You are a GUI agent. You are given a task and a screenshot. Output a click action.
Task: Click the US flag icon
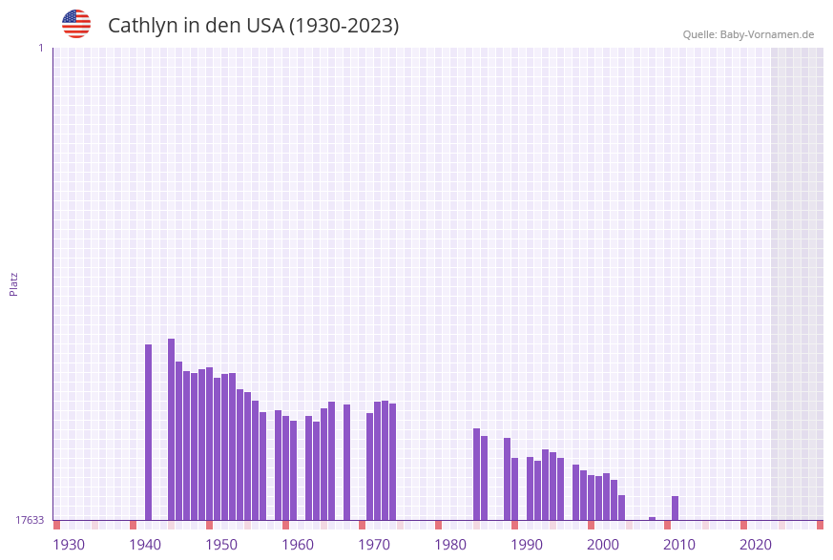(x=76, y=24)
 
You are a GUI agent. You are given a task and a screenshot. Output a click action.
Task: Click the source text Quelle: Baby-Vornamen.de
(x=748, y=34)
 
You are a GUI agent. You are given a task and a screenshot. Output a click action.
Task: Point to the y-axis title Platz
(x=14, y=283)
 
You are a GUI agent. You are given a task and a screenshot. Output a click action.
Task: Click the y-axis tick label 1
(x=40, y=48)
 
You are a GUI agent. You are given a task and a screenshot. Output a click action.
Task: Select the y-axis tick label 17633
(x=30, y=520)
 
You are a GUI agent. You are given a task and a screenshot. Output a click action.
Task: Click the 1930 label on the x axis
(x=69, y=545)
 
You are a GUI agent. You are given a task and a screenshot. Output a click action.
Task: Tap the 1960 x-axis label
(x=298, y=545)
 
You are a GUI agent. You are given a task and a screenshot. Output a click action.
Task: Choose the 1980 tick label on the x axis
(x=450, y=545)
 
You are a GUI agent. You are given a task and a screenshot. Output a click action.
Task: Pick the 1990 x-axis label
(x=527, y=545)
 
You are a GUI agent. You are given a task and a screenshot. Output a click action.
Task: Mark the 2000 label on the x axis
(x=603, y=545)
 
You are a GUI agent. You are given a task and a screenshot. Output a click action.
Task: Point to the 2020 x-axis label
(x=756, y=545)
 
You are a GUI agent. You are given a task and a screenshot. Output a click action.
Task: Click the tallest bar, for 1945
(x=172, y=429)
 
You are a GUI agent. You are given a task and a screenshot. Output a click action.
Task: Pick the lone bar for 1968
(x=347, y=462)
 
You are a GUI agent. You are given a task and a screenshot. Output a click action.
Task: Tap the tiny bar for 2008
(x=653, y=519)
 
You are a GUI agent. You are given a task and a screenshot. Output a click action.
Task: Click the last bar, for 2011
(x=676, y=508)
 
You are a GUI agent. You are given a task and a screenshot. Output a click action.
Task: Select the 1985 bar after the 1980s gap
(x=477, y=474)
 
